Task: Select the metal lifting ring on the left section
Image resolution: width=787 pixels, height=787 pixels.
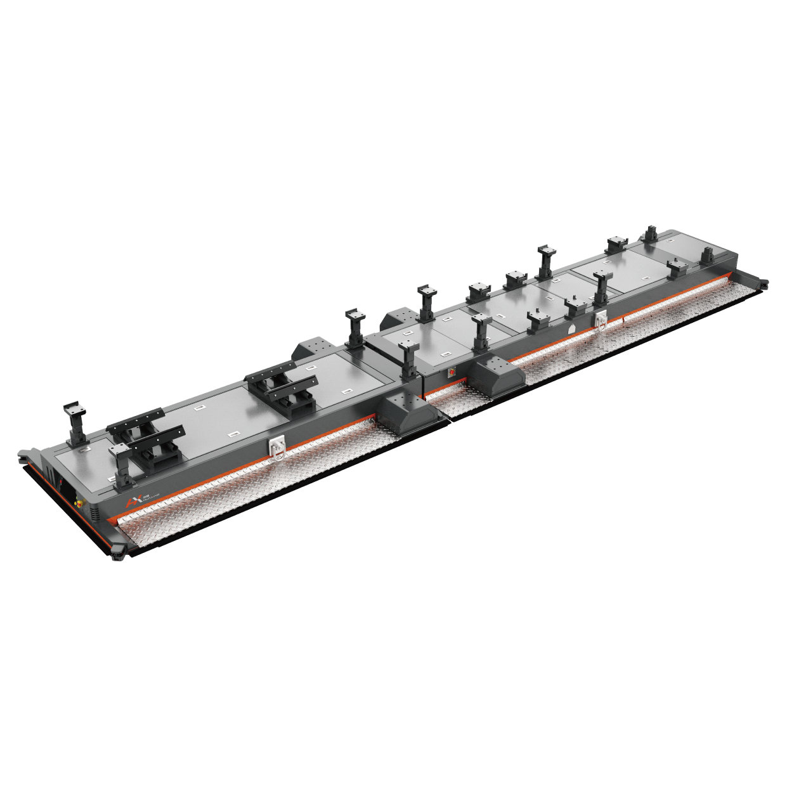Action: pos(277,448)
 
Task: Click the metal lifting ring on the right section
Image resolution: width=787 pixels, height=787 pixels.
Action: pos(599,320)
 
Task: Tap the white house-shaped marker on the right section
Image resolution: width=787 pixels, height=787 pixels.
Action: pos(571,329)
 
